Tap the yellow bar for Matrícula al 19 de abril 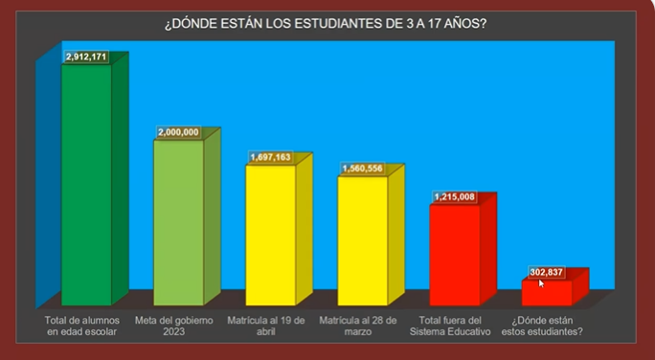click(x=271, y=235)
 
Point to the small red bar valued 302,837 click(x=546, y=293)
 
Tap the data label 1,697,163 click(x=270, y=157)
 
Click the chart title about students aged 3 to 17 click(x=326, y=22)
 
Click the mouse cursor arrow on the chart click(x=541, y=282)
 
